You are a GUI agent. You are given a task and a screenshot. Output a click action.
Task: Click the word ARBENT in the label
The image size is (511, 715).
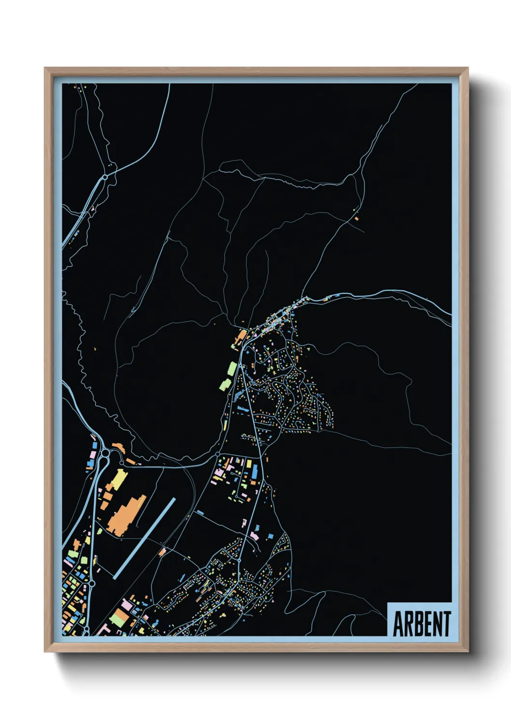point(421,624)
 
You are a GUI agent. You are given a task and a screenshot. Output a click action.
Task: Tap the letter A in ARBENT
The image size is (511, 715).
point(398,624)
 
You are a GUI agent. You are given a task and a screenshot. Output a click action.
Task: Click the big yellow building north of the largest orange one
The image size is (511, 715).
point(118,478)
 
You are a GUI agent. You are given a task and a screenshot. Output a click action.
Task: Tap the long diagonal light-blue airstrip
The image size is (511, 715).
point(144,539)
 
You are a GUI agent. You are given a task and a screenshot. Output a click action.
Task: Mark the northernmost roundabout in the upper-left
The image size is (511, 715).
point(105,177)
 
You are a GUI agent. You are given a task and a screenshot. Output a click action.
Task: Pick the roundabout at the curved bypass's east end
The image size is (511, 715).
point(218,454)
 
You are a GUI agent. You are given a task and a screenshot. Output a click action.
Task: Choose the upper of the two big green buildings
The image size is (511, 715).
point(232,369)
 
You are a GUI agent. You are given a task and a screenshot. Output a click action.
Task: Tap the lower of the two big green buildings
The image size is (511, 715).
point(225,385)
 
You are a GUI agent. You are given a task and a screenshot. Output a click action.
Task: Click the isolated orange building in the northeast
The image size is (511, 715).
point(356,218)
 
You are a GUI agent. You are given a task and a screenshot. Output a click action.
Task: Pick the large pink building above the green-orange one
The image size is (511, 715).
point(127,604)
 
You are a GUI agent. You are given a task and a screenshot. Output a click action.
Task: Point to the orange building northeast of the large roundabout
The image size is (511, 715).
point(118,447)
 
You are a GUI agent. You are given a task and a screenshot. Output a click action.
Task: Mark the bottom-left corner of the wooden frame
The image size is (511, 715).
point(45,651)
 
